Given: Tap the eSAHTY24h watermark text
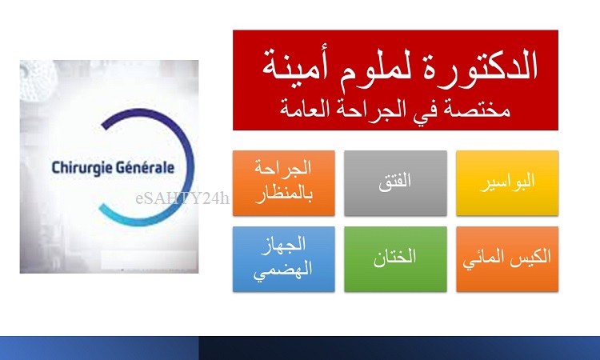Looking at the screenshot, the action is tap(182, 198).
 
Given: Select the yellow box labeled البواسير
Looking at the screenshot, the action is tap(507, 183).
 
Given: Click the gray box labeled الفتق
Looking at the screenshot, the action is tap(395, 183).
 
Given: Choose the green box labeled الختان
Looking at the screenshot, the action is tap(395, 259).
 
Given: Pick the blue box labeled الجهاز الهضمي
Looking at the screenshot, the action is tap(283, 259).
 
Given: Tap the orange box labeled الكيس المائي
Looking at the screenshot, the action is tap(507, 259).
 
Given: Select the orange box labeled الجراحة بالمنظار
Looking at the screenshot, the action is tap(283, 183).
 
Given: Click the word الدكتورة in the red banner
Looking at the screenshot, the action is tap(479, 66).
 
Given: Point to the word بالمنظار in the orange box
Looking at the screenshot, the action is tap(283, 194).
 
